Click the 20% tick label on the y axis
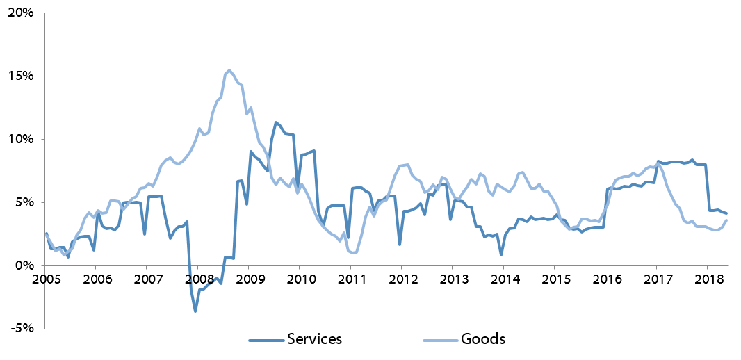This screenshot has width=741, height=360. click(x=20, y=13)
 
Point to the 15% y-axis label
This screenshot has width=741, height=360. click(x=20, y=76)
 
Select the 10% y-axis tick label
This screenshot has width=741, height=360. click(x=20, y=140)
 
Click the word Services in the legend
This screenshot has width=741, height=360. click(x=314, y=339)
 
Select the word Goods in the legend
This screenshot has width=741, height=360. click(x=483, y=339)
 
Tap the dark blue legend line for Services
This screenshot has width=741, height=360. click(x=266, y=340)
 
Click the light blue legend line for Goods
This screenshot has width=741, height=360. click(x=439, y=340)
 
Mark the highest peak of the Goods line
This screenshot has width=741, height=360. click(x=229, y=70)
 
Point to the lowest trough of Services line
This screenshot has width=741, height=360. click(x=195, y=311)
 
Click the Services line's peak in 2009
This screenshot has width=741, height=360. click(x=276, y=122)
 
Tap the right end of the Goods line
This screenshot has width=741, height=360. click(x=727, y=220)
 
